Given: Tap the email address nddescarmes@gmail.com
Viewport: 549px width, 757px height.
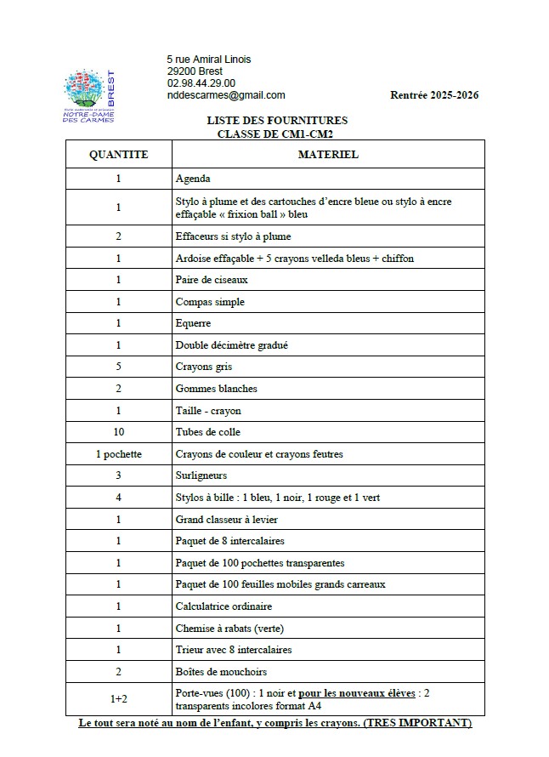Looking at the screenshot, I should [x=226, y=95].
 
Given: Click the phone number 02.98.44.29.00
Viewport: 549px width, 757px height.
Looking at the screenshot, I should [x=201, y=83].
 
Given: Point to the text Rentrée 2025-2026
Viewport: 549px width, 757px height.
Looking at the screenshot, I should [x=433, y=95].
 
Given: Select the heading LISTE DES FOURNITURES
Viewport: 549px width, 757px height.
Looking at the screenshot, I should [x=277, y=121].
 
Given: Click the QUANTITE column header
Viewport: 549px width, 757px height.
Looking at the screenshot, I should [x=118, y=155].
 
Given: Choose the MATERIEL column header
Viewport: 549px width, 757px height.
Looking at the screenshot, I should [x=327, y=155].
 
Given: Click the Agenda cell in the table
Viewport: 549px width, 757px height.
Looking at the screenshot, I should [x=193, y=179].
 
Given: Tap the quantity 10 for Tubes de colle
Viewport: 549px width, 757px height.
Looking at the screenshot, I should [x=118, y=432].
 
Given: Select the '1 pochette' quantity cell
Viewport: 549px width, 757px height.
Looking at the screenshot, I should [x=118, y=454].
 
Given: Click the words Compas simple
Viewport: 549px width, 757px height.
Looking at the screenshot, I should [x=209, y=301].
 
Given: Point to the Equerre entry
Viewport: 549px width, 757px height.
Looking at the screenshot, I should [x=193, y=323].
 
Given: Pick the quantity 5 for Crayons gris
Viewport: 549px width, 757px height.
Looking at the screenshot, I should [x=118, y=367].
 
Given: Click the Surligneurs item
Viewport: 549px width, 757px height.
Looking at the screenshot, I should [x=201, y=475].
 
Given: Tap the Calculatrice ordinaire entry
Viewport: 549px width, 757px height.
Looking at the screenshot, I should [x=223, y=606].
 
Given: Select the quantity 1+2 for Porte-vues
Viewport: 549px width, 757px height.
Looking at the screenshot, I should [x=118, y=699].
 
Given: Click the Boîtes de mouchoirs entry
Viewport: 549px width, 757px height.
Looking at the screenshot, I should [x=221, y=672].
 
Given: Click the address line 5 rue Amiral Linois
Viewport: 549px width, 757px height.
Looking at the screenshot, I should [x=208, y=59].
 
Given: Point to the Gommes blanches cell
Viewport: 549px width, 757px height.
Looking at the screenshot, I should [x=216, y=389].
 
